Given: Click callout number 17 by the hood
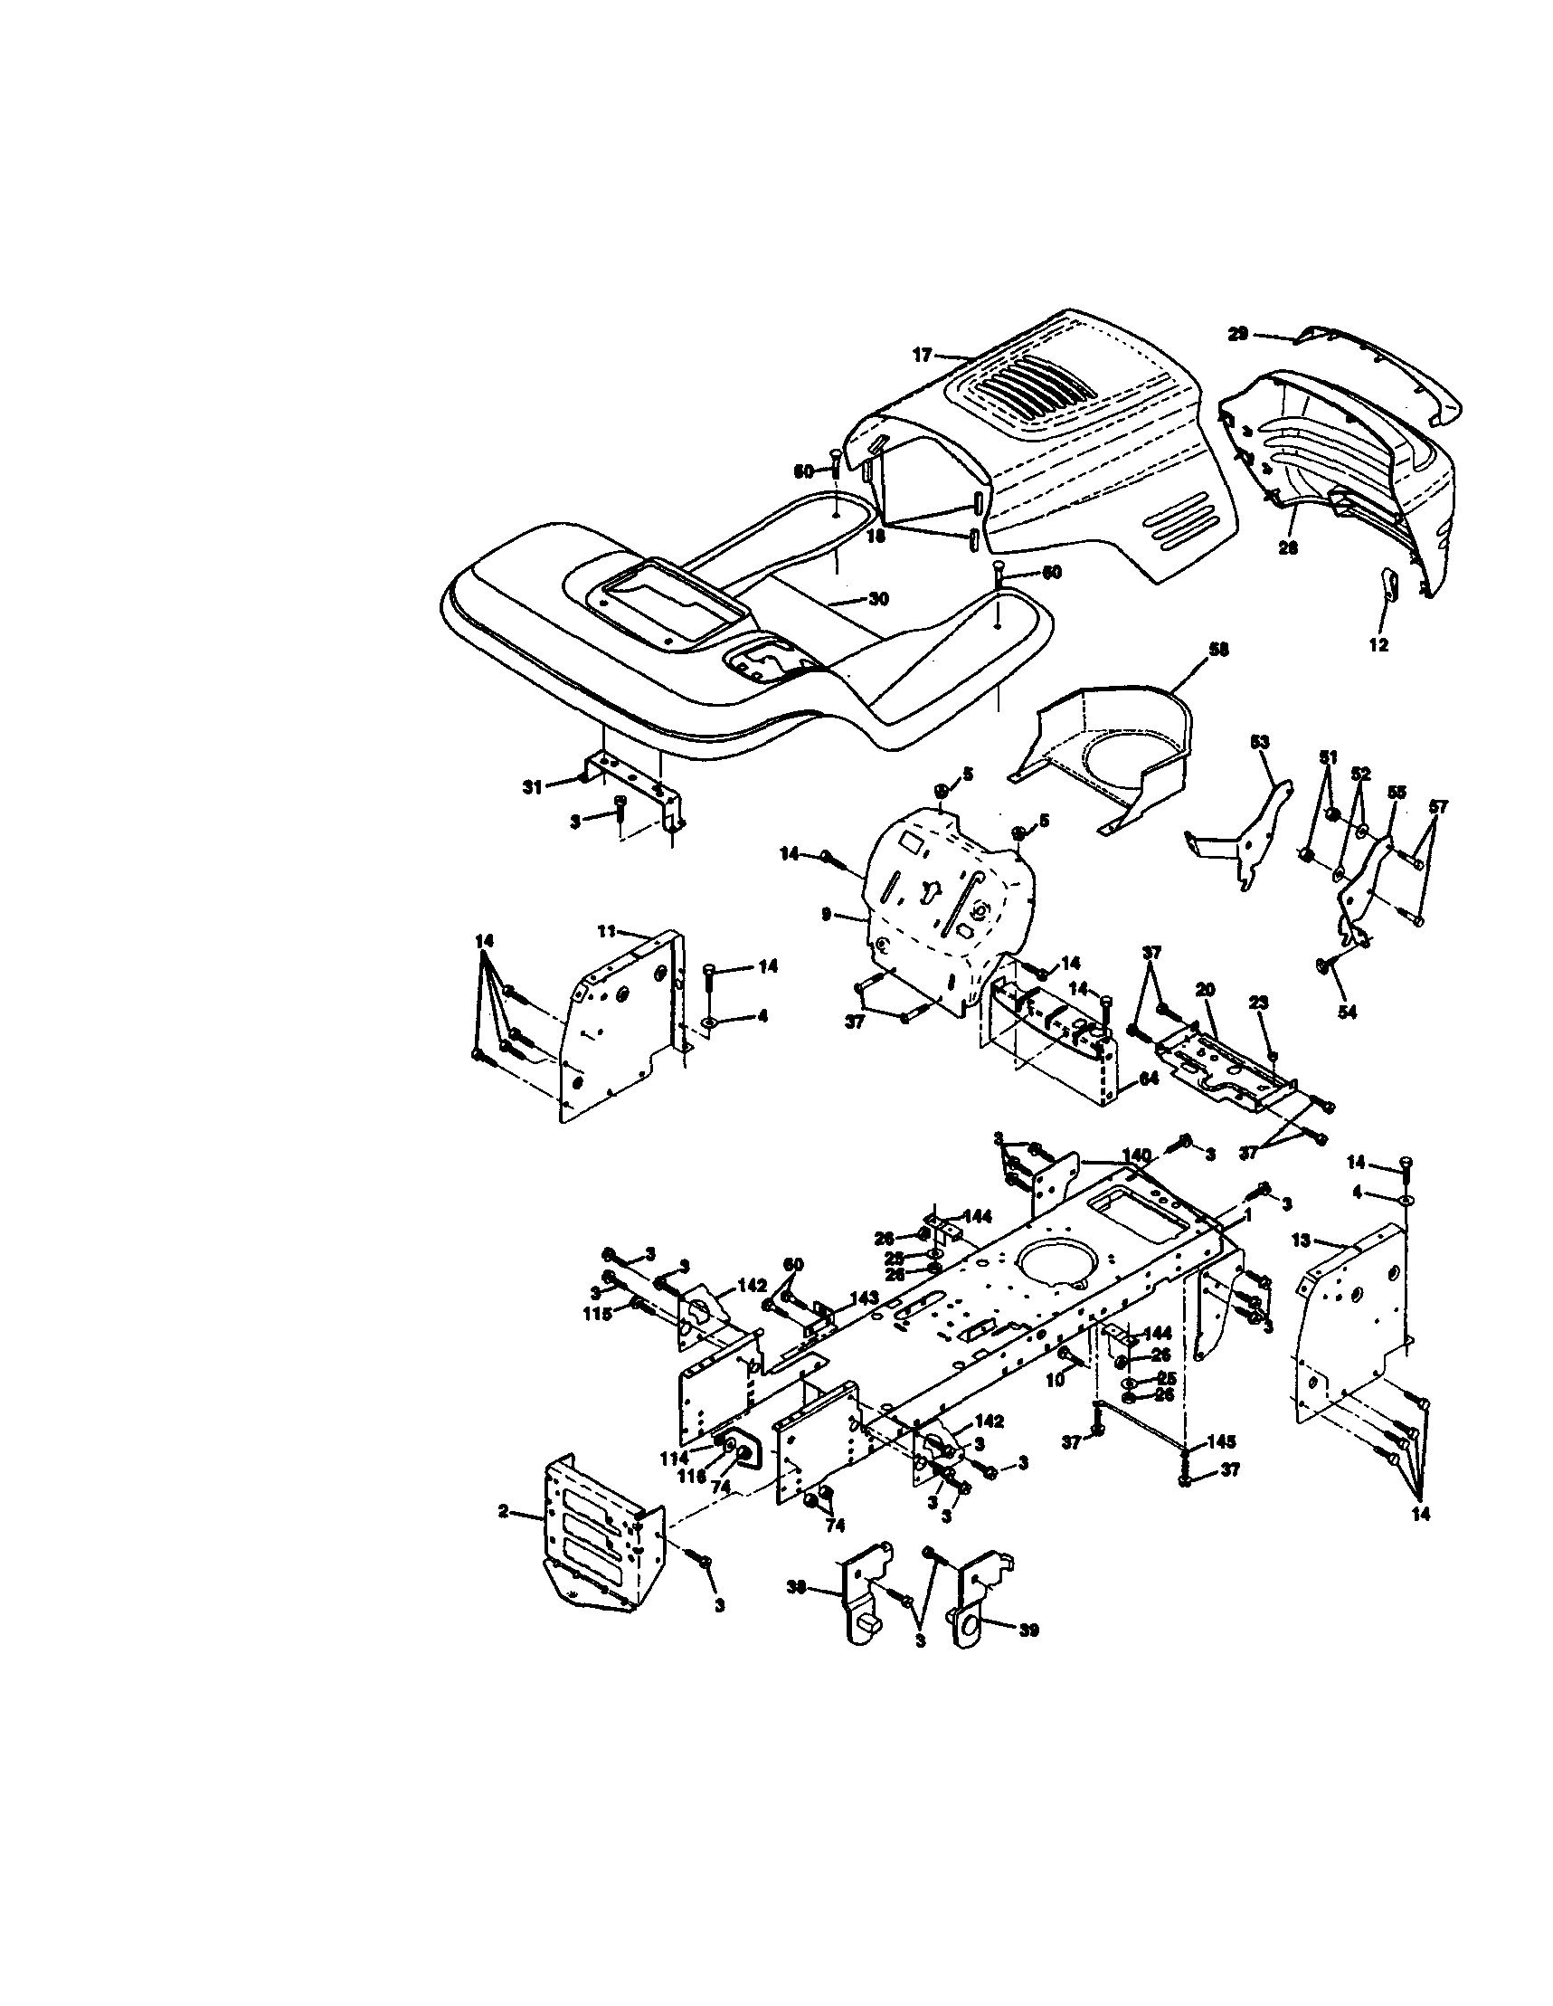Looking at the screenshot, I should [x=922, y=355].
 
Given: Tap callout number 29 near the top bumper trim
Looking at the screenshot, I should [x=1237, y=335].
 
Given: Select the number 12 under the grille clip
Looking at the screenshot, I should [x=1378, y=645].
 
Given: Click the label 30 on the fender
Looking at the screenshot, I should [x=878, y=599].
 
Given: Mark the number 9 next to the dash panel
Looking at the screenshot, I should [x=826, y=915].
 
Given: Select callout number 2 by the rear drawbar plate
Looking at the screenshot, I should [x=503, y=1511].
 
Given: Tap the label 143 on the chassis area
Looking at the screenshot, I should [x=865, y=1298].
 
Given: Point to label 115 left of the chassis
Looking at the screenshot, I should [x=598, y=1315].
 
